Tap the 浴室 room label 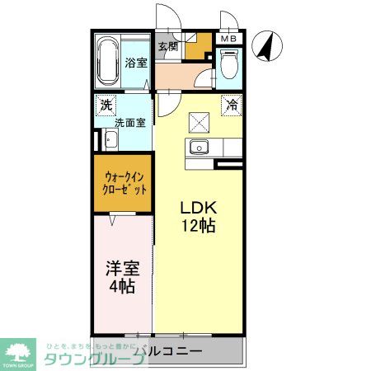(134, 63)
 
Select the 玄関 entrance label (167, 46)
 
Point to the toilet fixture (228, 64)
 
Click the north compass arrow (266, 45)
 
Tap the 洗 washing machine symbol (106, 106)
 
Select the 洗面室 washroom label (129, 123)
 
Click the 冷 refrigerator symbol (232, 105)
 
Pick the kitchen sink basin (199, 148)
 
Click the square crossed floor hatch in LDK (199, 122)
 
